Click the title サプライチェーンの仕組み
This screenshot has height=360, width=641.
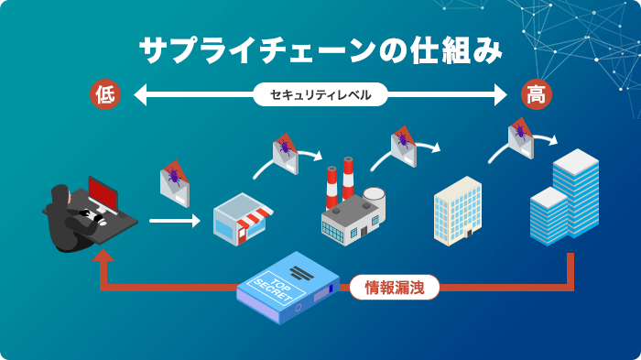coord(320,50)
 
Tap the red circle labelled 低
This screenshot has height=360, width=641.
coord(104,93)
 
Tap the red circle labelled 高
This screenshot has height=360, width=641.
coord(535,93)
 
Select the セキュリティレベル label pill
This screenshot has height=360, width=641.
coord(320,93)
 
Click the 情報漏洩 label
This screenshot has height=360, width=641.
coord(395,288)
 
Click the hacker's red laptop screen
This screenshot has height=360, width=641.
coord(102,193)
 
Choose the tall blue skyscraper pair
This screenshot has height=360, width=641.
coord(564,199)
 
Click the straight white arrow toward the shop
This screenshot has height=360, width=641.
coord(174,221)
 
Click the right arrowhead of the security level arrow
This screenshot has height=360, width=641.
coord(500,93)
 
